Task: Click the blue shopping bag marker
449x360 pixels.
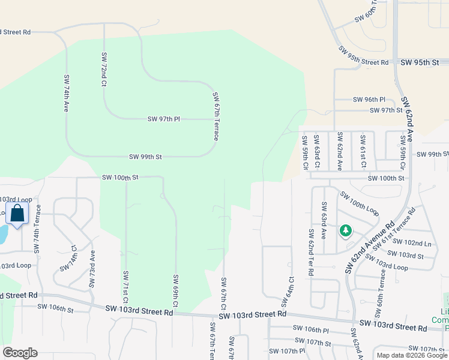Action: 17,213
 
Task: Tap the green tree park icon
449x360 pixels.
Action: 345,230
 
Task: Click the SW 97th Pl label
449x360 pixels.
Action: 163,119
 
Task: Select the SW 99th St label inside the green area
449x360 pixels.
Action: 145,157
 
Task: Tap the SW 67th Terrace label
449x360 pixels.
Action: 215,116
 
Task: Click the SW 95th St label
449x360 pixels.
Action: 420,62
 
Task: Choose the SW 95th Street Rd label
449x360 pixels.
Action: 363,56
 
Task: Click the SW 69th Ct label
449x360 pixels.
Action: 176,290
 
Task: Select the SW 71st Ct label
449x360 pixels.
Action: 125,286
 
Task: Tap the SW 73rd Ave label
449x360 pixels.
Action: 92,269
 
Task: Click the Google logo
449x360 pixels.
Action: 20,353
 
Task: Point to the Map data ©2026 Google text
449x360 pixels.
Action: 412,355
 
